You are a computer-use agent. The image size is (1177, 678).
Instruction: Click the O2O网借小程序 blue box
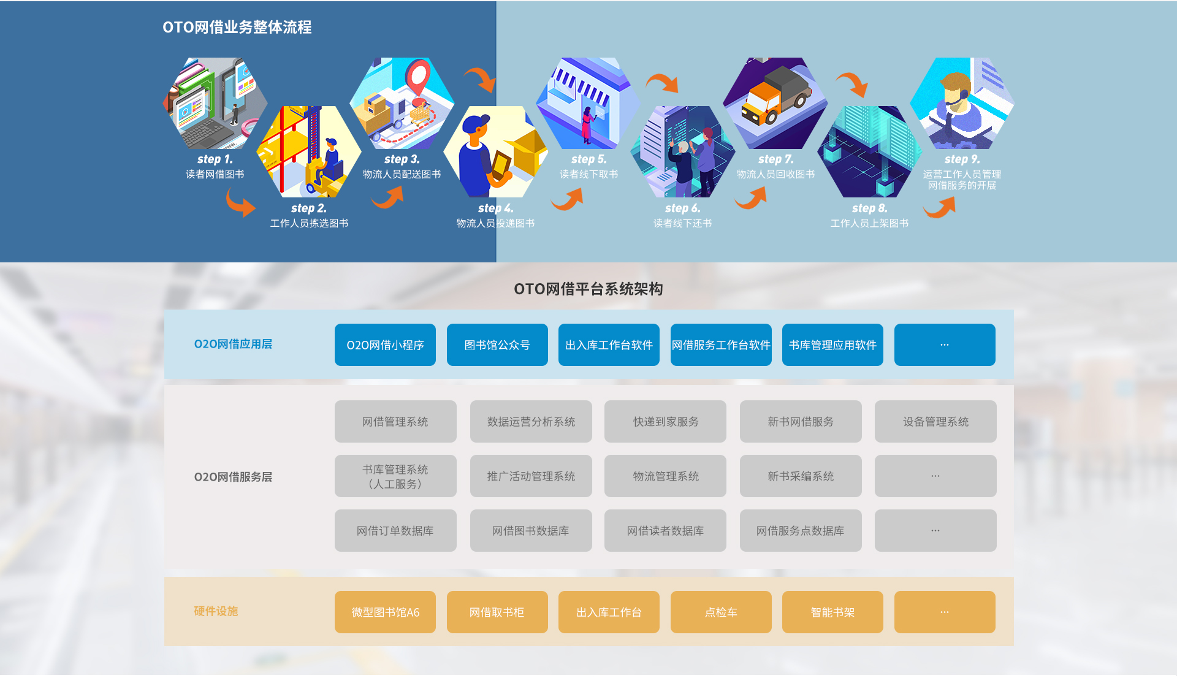(385, 345)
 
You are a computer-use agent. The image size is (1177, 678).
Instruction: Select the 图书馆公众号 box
(497, 345)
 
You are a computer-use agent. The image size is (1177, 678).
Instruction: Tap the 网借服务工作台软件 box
(721, 345)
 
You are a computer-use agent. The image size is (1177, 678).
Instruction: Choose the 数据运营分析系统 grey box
(531, 422)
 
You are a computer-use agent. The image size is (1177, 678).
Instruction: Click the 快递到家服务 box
(665, 422)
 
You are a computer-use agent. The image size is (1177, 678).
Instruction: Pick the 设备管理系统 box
(935, 422)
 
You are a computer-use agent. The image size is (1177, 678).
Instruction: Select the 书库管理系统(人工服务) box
(395, 476)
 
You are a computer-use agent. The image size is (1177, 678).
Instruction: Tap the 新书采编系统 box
(801, 476)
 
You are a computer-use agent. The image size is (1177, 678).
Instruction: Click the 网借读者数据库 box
(665, 531)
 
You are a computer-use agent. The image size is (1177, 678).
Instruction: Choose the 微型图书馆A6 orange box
(385, 612)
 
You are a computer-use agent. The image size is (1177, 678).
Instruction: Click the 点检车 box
(721, 612)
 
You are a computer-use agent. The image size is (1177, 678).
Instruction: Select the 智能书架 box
(832, 612)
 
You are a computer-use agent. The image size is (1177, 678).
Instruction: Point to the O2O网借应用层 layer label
(233, 345)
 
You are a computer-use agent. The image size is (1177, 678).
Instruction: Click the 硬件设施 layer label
(216, 611)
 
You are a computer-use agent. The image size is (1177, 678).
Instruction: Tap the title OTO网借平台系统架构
(588, 289)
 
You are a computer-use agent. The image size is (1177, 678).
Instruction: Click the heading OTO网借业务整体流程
(237, 28)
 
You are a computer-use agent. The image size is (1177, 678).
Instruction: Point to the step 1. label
(215, 159)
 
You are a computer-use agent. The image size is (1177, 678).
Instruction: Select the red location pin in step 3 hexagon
(419, 77)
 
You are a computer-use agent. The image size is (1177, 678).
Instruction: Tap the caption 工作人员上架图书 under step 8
(869, 224)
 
